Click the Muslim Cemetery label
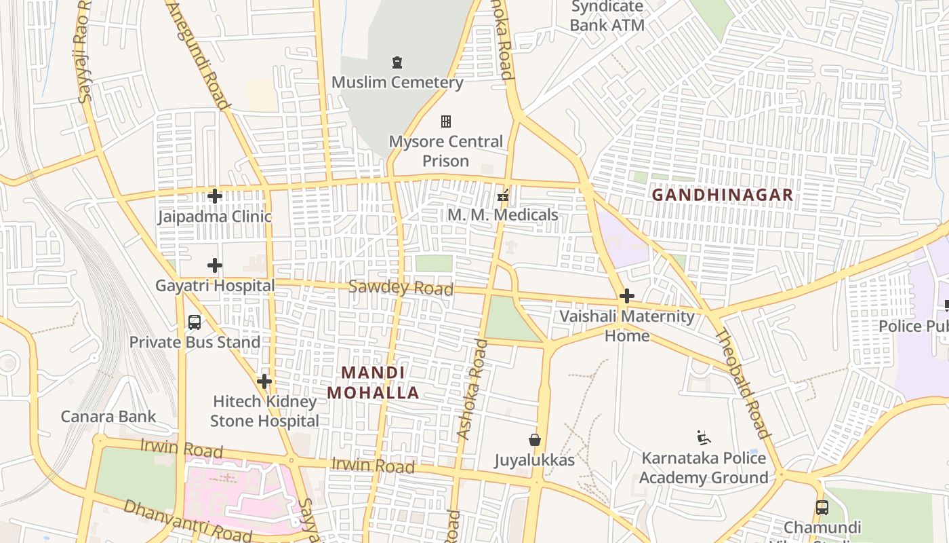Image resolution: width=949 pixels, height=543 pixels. tap(397, 83)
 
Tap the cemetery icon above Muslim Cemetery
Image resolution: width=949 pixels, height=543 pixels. tap(397, 63)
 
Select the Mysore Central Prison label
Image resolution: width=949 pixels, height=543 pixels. tap(446, 151)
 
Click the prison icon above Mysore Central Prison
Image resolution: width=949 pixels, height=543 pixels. tap(446, 121)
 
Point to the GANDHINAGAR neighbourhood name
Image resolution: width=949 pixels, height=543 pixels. tap(722, 195)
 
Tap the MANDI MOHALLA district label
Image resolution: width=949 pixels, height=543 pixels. tap(373, 383)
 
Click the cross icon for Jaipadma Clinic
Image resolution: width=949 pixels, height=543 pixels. tap(215, 197)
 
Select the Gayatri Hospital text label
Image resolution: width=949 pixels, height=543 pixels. tap(215, 286)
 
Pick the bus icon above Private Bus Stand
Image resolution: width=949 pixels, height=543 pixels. tap(195, 322)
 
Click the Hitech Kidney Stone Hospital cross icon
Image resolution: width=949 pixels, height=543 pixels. tap(264, 381)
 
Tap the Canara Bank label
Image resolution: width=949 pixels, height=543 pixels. tap(108, 417)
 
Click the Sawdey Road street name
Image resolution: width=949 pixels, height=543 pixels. tap(401, 288)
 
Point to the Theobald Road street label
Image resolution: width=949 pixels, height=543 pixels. tap(743, 383)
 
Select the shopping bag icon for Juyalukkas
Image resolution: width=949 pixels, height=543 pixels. tap(535, 441)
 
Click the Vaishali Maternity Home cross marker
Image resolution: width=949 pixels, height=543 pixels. tap(627, 296)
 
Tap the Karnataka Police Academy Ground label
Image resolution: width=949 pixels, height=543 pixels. tap(704, 468)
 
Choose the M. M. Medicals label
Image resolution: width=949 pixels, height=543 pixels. tap(503, 215)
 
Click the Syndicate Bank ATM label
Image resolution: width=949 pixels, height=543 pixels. tap(607, 16)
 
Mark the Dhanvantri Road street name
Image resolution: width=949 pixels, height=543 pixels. tap(187, 521)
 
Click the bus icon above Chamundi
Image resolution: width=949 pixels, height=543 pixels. tap(822, 507)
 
